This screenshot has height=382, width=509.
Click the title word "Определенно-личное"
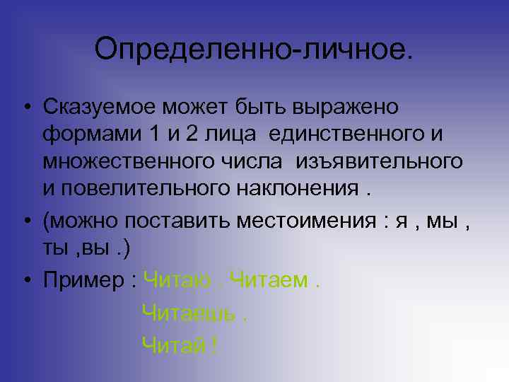pyautogui.click(x=250, y=50)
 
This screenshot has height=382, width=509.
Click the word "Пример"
pyautogui.click(x=84, y=281)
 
